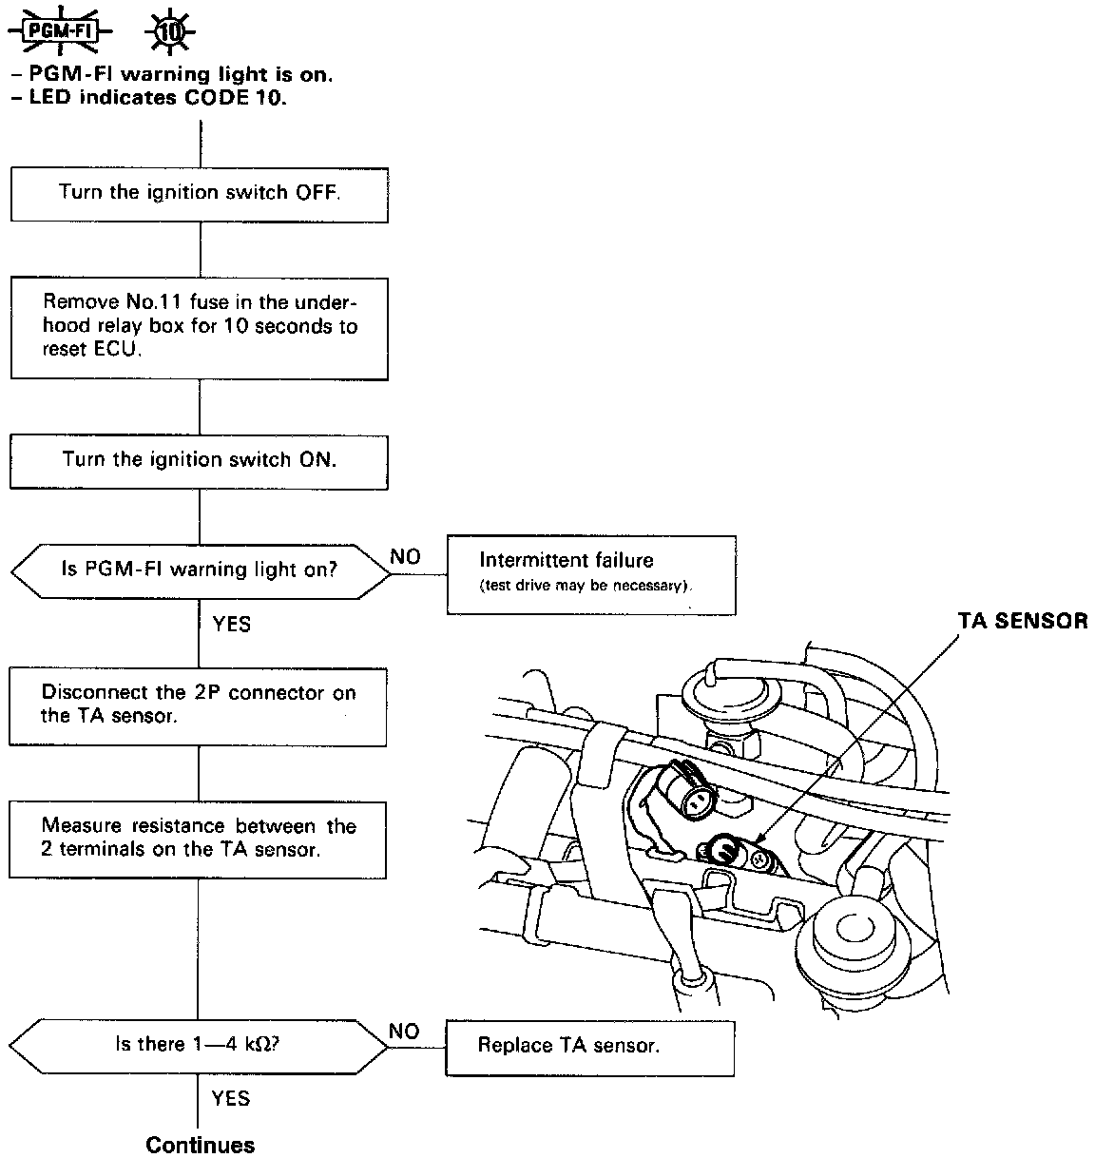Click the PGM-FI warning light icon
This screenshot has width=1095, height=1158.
pos(60,30)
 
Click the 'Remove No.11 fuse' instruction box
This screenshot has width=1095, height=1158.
pos(200,328)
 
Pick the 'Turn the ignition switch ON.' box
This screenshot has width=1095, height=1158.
pos(200,461)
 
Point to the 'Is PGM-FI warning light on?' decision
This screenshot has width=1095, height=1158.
pos(200,571)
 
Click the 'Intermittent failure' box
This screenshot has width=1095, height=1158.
pos(591,573)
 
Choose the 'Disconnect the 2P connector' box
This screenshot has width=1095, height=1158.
pos(198,704)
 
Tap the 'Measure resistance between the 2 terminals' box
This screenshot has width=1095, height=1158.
pos(198,838)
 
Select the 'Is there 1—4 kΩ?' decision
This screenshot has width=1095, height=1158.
pos(199,1046)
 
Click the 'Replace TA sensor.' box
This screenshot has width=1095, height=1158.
pos(589,1047)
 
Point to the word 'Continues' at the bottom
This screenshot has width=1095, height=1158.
pos(201,1145)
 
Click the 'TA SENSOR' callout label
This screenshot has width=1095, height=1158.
pos(1022,621)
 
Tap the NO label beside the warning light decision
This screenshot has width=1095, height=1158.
pos(406,557)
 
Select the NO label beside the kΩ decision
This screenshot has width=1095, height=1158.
pos(404,1032)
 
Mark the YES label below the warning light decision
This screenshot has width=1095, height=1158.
pos(231,624)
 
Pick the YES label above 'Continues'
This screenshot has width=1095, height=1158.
pos(230,1099)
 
